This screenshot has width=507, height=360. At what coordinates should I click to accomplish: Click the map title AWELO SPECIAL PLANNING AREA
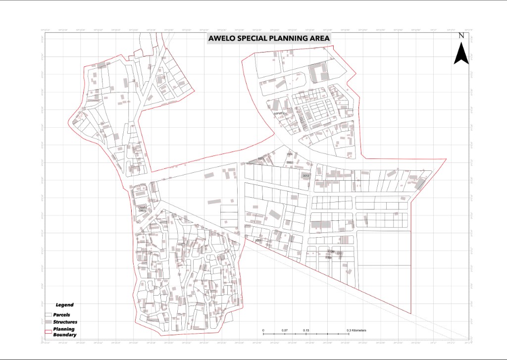268,38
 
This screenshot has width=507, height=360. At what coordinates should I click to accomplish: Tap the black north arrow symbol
461,53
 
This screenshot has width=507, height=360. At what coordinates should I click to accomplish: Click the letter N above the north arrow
461,35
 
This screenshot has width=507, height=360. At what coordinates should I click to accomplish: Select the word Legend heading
64,305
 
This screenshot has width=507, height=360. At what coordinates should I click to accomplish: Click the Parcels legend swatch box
48,315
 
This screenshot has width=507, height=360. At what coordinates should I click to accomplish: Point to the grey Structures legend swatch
48,322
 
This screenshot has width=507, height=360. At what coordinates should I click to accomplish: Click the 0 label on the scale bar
263,330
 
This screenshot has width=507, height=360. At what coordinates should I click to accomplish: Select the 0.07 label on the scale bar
284,330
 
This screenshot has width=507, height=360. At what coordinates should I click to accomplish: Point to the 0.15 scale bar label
306,330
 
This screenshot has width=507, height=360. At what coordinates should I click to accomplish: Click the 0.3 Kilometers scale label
355,330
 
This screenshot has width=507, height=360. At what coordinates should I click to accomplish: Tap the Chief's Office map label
143,209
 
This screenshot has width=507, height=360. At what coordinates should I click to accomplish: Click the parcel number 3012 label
305,176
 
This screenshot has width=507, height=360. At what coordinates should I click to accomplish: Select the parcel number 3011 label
257,241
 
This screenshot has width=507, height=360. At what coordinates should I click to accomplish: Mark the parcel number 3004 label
290,154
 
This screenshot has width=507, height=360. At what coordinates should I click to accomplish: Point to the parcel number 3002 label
261,158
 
